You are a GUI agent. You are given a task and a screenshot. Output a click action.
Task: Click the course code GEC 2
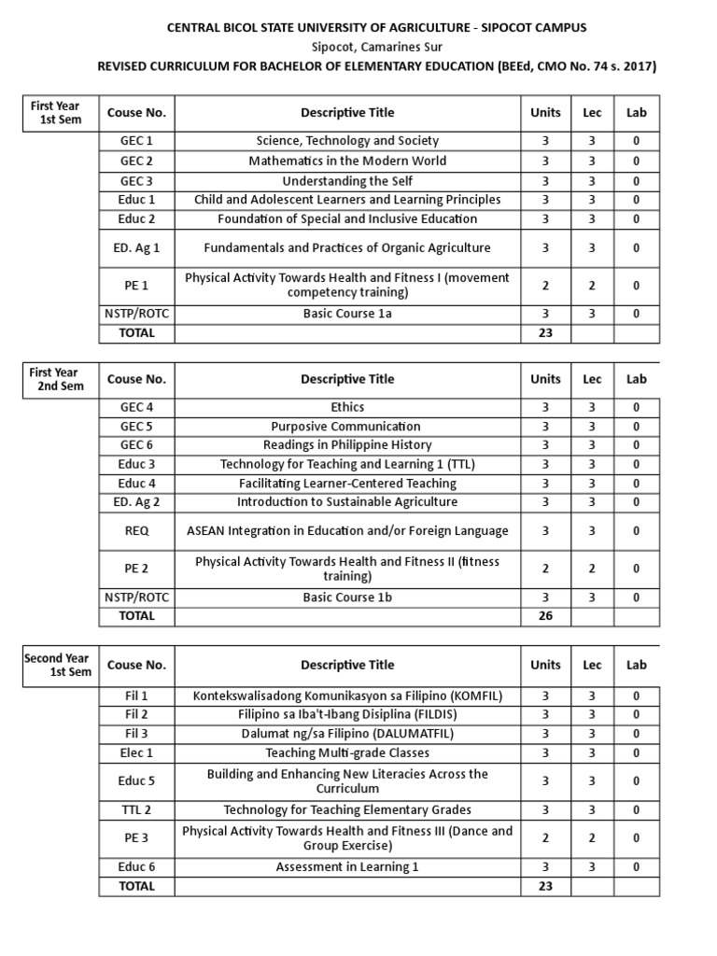click(136, 161)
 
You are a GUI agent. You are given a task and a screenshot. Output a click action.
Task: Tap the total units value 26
click(545, 616)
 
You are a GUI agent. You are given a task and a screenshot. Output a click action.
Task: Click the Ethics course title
click(347, 407)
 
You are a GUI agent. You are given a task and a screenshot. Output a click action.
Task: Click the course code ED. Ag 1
click(136, 247)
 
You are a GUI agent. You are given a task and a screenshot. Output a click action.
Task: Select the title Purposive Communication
click(347, 427)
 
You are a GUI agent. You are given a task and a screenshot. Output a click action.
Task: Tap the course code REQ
click(136, 530)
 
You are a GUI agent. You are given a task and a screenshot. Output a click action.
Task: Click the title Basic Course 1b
click(347, 597)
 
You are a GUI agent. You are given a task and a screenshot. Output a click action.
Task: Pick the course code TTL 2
click(136, 809)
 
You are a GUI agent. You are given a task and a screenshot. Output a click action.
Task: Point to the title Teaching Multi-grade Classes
click(347, 752)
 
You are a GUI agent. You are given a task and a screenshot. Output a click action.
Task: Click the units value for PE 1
click(545, 286)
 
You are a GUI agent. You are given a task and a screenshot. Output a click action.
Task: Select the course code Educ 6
click(136, 866)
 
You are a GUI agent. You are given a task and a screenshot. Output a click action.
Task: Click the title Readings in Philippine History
click(347, 445)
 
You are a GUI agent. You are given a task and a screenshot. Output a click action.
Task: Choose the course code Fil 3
click(136, 734)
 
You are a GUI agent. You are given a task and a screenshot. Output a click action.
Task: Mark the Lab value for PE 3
click(636, 838)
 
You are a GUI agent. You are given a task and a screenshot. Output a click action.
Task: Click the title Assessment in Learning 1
click(347, 866)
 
